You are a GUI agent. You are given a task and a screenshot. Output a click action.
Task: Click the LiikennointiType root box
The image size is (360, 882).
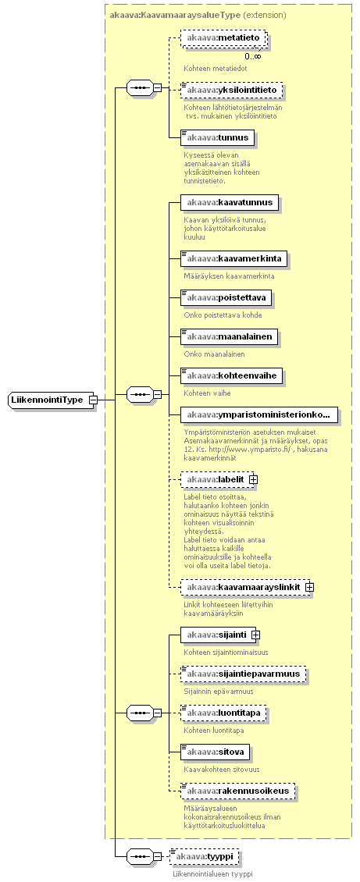pyautogui.click(x=49, y=400)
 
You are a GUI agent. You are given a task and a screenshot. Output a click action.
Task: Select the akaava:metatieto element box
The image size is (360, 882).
pyautogui.click(x=223, y=37)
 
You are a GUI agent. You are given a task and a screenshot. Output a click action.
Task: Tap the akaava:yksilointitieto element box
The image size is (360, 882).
pyautogui.click(x=231, y=90)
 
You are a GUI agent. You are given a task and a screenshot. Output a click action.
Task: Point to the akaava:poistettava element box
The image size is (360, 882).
pyautogui.click(x=226, y=297)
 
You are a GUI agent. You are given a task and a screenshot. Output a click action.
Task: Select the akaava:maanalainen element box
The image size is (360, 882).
pyautogui.click(x=228, y=337)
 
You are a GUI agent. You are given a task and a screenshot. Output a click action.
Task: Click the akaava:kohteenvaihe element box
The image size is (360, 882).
pyautogui.click(x=230, y=375)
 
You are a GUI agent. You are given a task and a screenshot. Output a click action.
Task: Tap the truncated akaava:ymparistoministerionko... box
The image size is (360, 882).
pyautogui.click(x=258, y=415)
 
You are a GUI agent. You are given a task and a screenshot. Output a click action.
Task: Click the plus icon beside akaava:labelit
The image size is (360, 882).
pyautogui.click(x=253, y=479)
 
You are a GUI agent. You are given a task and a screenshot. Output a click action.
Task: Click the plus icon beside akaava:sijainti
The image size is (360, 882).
pyautogui.click(x=255, y=635)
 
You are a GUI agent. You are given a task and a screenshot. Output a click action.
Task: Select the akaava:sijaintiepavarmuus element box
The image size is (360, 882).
pyautogui.click(x=244, y=674)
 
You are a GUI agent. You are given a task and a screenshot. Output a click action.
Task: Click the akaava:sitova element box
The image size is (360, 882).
pyautogui.click(x=215, y=752)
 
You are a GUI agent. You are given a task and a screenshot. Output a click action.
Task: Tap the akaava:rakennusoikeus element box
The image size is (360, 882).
pyautogui.click(x=237, y=791)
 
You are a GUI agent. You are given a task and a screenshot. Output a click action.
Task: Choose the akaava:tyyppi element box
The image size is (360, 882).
pyautogui.click(x=204, y=857)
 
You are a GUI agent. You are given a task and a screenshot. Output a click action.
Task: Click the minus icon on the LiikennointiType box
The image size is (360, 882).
pyautogui.click(x=94, y=400)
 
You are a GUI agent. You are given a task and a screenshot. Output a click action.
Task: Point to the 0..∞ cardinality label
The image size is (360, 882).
pyautogui.click(x=252, y=56)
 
